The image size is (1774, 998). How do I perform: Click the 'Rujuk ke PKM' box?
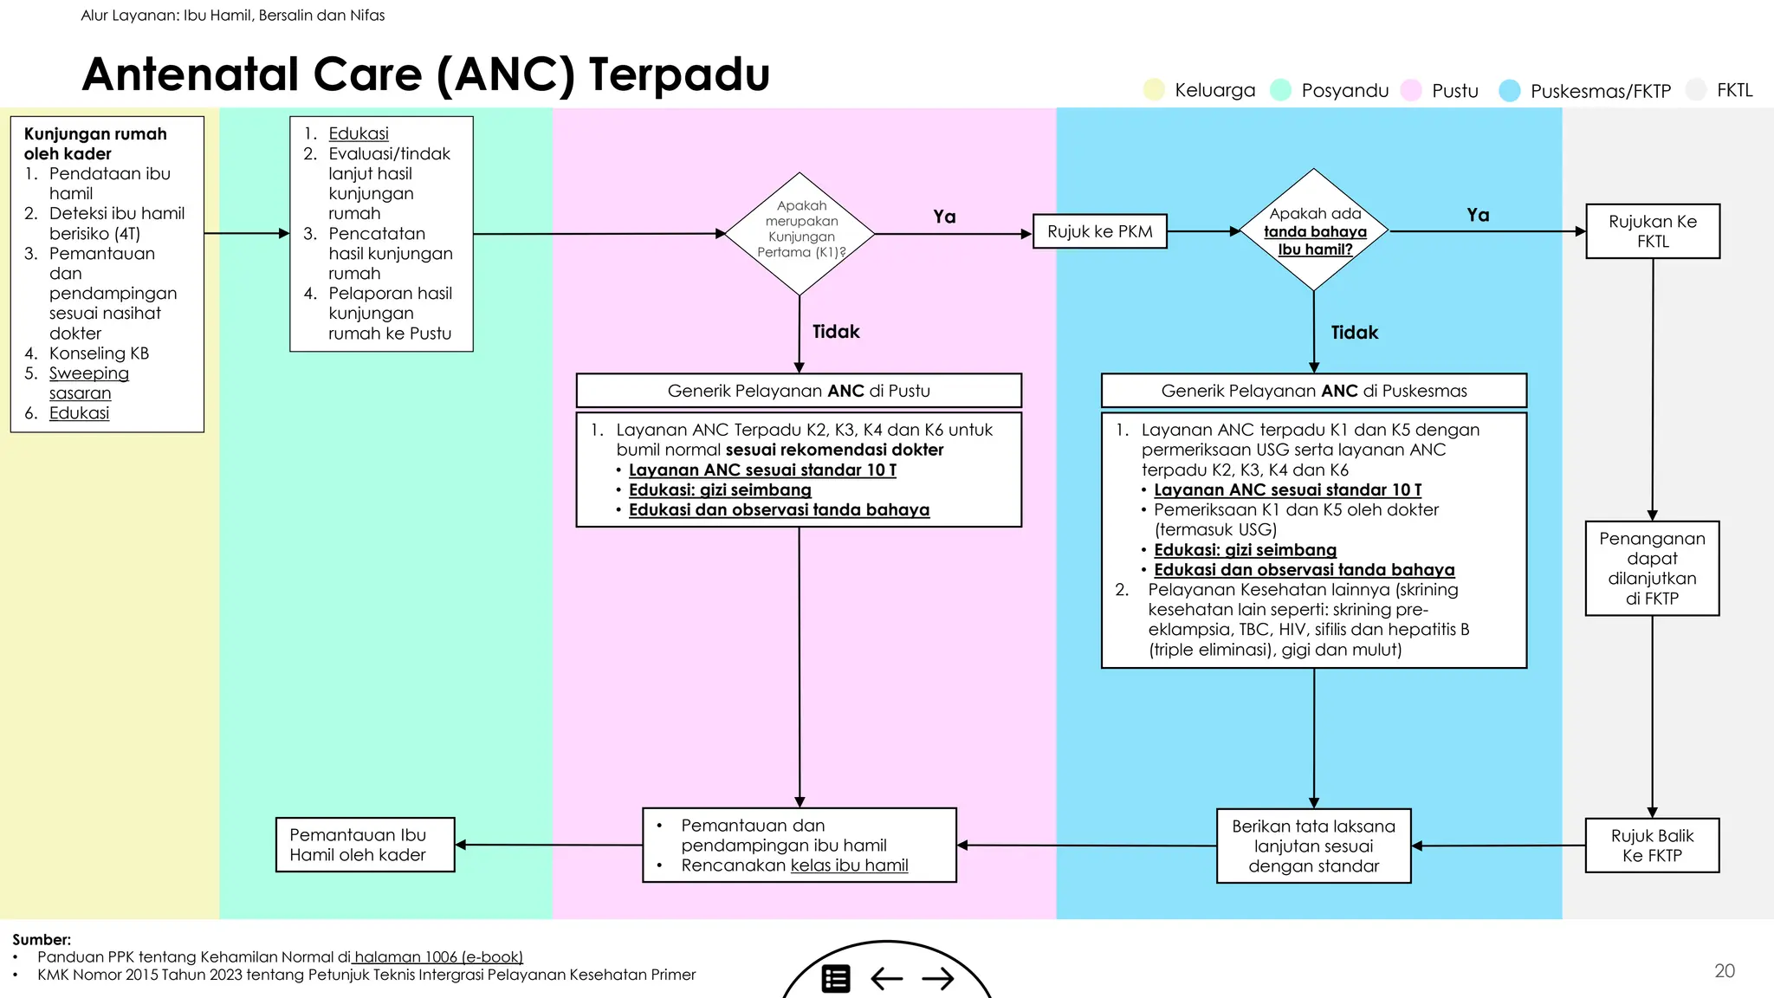pyautogui.click(x=1100, y=231)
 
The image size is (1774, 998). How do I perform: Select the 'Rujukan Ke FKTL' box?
pyautogui.click(x=1652, y=231)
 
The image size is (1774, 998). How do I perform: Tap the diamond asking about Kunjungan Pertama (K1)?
pyautogui.click(x=800, y=233)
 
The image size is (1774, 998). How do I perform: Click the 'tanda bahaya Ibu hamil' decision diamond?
pyautogui.click(x=1314, y=230)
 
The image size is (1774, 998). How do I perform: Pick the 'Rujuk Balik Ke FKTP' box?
pyautogui.click(x=1652, y=846)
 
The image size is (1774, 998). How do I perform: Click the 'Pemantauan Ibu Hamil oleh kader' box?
pyautogui.click(x=365, y=845)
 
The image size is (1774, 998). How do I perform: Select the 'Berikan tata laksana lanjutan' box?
pyautogui.click(x=1313, y=846)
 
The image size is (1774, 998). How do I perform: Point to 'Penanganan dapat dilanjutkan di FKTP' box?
pyautogui.click(x=1652, y=568)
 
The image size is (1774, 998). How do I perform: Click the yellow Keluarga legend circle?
pyautogui.click(x=1154, y=90)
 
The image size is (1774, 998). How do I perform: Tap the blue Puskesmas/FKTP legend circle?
pyautogui.click(x=1510, y=90)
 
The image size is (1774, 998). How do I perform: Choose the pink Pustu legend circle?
pyautogui.click(x=1411, y=90)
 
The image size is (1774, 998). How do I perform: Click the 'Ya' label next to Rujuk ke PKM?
pyautogui.click(x=944, y=217)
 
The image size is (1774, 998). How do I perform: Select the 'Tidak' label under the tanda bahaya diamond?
pyautogui.click(x=1354, y=333)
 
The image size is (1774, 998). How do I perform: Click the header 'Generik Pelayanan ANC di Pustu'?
pyautogui.click(x=799, y=391)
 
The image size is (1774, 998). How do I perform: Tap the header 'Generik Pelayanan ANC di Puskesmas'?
pyautogui.click(x=1313, y=391)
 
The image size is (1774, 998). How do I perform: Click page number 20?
pyautogui.click(x=1724, y=971)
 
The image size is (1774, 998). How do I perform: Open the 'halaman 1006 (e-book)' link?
pyautogui.click(x=438, y=957)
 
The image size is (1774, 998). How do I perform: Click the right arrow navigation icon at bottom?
pyautogui.click(x=938, y=979)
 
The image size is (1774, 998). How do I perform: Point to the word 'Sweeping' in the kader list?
pyautogui.click(x=88, y=373)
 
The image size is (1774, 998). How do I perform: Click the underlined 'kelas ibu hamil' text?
pyautogui.click(x=849, y=865)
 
